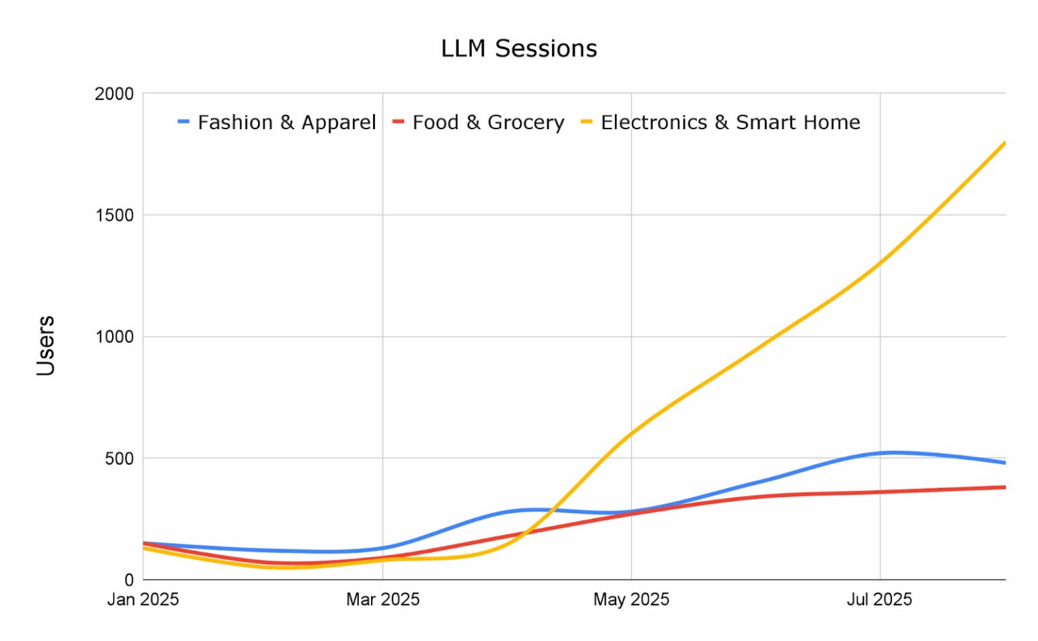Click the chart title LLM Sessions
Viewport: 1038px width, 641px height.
point(519,49)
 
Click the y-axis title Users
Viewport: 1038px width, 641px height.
point(45,346)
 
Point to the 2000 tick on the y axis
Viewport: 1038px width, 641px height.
point(114,94)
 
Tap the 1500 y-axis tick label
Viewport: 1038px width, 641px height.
point(114,215)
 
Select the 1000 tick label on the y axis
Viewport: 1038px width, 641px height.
point(114,337)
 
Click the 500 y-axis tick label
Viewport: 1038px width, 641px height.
point(119,458)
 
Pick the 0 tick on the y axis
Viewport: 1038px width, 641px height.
point(128,580)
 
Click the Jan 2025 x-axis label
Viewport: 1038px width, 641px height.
point(143,600)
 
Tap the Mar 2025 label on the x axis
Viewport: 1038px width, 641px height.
point(382,600)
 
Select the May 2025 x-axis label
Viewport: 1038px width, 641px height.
point(631,600)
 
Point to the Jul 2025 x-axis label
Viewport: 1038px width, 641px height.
point(879,600)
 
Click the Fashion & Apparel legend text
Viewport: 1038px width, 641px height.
point(287,122)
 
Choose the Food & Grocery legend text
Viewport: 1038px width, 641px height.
point(488,122)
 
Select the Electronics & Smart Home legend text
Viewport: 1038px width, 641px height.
point(731,122)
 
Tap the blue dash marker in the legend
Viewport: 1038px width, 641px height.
point(183,122)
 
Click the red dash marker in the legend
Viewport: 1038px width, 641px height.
point(398,122)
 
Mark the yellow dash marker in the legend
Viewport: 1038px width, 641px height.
point(587,122)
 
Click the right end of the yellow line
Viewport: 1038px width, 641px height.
point(1004,143)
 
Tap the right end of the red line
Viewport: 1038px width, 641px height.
point(1004,487)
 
